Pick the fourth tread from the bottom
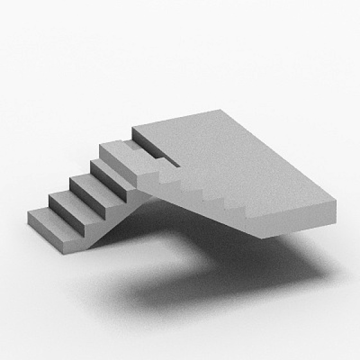tap(110, 168)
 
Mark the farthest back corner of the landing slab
tap(222, 111)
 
